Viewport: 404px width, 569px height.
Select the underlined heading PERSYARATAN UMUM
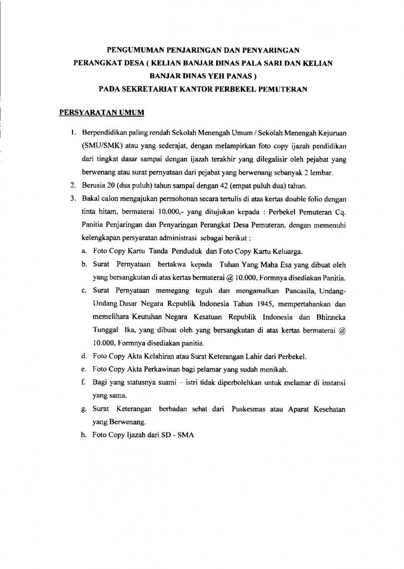tap(102, 113)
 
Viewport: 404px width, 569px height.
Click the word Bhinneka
tap(331, 317)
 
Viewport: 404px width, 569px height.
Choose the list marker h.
tap(84, 435)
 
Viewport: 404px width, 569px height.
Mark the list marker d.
tap(84, 356)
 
